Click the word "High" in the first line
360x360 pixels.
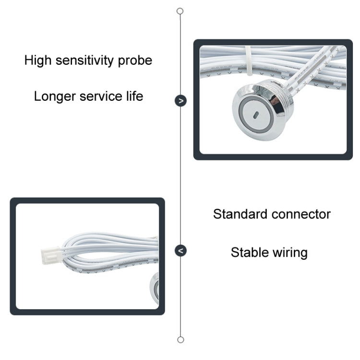coord(38,60)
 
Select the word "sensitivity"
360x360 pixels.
coord(84,60)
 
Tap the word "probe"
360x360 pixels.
coord(135,61)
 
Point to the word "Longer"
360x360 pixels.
coord(55,96)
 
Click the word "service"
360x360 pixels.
coord(101,96)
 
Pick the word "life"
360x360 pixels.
coord(135,96)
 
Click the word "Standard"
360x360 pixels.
coord(240,214)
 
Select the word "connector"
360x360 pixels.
coord(301,215)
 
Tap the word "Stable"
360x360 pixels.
coord(250,252)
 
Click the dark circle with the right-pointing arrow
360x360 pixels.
coord(180,101)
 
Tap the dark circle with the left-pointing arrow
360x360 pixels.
coord(180,251)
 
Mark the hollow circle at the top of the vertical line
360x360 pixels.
coord(180,11)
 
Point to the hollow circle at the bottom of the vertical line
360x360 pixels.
coord(180,340)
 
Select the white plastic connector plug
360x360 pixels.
coord(51,255)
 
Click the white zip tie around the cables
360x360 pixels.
coord(249,61)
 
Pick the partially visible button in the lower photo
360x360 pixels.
coord(154,288)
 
